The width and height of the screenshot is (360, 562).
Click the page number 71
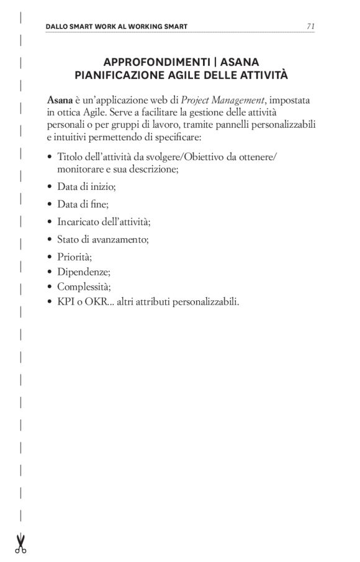pyautogui.click(x=310, y=26)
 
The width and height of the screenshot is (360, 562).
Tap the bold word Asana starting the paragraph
pyautogui.click(x=60, y=99)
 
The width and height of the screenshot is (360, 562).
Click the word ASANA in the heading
pyautogui.click(x=239, y=63)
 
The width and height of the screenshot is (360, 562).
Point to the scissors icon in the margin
pyautogui.click(x=20, y=543)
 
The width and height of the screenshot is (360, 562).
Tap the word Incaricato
pyautogui.click(x=78, y=221)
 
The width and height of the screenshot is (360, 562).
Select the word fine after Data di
pyautogui.click(x=99, y=203)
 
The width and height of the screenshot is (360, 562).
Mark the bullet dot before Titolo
pyautogui.click(x=49, y=158)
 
